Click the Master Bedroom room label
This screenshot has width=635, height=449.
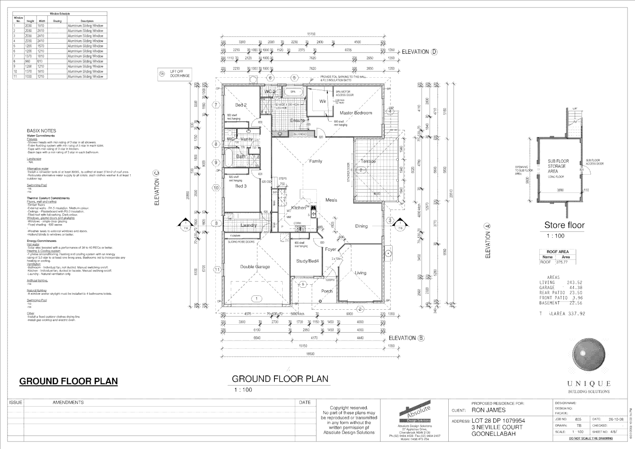(x=356, y=113)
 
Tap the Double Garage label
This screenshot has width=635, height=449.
(x=255, y=267)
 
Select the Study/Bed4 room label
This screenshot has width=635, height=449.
(x=307, y=261)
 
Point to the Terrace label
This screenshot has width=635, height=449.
(x=368, y=161)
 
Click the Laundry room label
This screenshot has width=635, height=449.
(x=249, y=225)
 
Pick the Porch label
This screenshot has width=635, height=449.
(x=327, y=291)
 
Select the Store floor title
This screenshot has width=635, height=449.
(x=564, y=225)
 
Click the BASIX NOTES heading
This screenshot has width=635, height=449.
(x=41, y=131)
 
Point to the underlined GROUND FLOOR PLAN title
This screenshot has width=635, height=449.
(x=69, y=381)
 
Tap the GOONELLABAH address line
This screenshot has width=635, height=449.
(x=493, y=434)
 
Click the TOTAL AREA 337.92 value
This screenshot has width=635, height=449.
(x=562, y=314)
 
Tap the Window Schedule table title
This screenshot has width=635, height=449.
(x=60, y=14)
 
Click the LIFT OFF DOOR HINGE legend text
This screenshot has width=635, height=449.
(x=180, y=74)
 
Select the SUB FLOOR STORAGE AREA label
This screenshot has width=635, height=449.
(x=558, y=166)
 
